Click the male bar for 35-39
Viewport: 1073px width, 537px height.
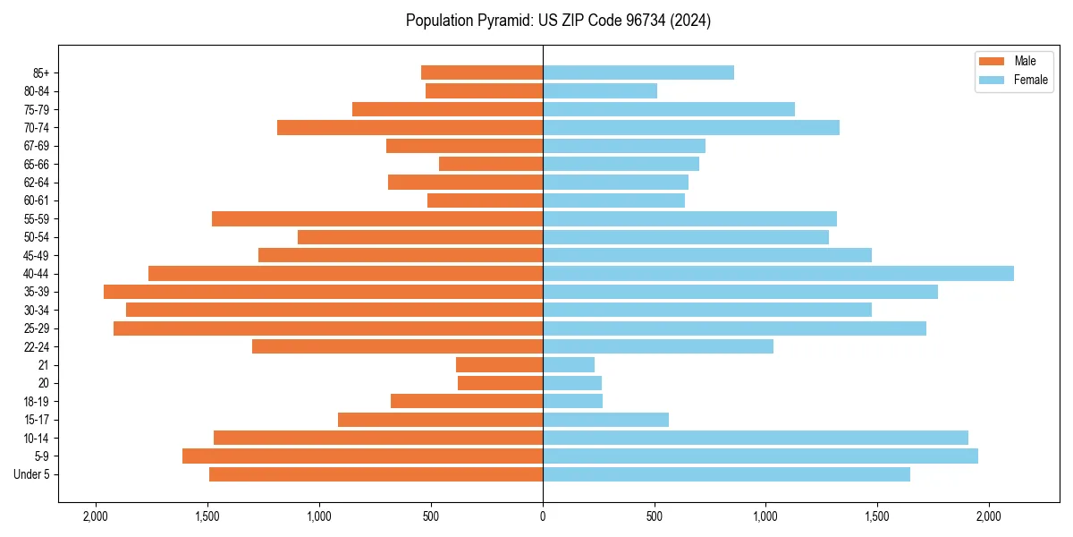(x=323, y=292)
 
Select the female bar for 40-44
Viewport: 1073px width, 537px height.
(x=778, y=273)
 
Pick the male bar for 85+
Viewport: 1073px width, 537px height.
(x=482, y=72)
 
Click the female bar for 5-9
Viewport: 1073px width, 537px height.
(x=760, y=456)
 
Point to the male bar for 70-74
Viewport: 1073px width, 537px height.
(x=410, y=127)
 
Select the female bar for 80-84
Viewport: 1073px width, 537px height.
(x=600, y=90)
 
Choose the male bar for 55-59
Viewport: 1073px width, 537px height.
(x=377, y=218)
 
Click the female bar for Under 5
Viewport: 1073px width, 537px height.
(x=726, y=474)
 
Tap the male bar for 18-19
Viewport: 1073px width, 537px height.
(x=467, y=401)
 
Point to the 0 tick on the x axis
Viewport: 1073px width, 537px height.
(x=543, y=516)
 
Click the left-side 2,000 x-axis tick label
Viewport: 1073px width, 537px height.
(x=95, y=516)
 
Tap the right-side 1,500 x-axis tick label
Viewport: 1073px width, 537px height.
(x=877, y=516)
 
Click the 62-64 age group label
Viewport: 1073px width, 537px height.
(x=38, y=182)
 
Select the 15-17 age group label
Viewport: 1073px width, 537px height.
(x=38, y=420)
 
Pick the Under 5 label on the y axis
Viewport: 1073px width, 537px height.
(x=32, y=474)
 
